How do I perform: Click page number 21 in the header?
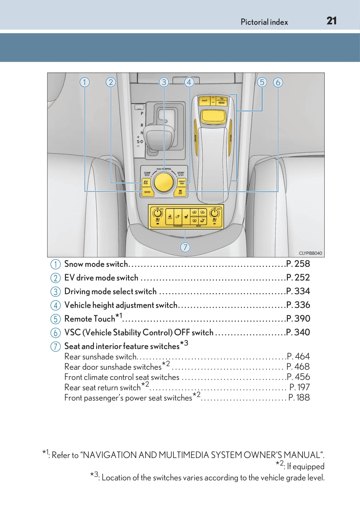point(331,21)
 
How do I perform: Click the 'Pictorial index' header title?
point(264,22)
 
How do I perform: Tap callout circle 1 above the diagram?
point(84,82)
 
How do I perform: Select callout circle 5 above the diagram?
point(262,82)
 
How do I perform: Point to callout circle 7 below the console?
point(185,247)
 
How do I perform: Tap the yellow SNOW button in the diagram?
point(147,192)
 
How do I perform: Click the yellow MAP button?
point(205,101)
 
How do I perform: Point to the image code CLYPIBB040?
point(310,253)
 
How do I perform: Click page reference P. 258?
point(298,264)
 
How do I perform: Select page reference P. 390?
point(298,318)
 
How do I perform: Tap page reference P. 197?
point(299,387)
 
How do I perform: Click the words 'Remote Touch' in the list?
point(90,319)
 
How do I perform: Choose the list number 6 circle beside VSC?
point(55,333)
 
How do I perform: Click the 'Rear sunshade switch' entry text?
point(100,357)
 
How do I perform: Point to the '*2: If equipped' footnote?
point(300,466)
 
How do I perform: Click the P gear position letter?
point(142,113)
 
